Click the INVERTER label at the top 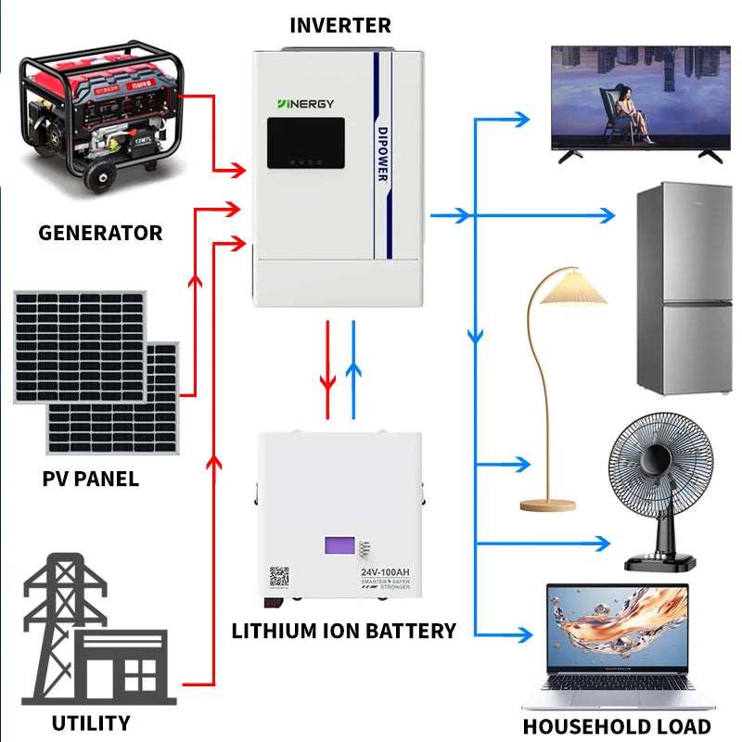(340, 25)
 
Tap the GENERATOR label (100, 233)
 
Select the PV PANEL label (91, 479)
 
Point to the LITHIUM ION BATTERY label (343, 631)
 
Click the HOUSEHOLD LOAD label (616, 726)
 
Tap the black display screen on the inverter (306, 143)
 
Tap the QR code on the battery (279, 577)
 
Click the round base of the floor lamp (549, 505)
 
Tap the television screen (636, 97)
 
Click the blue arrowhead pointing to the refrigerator (608, 216)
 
